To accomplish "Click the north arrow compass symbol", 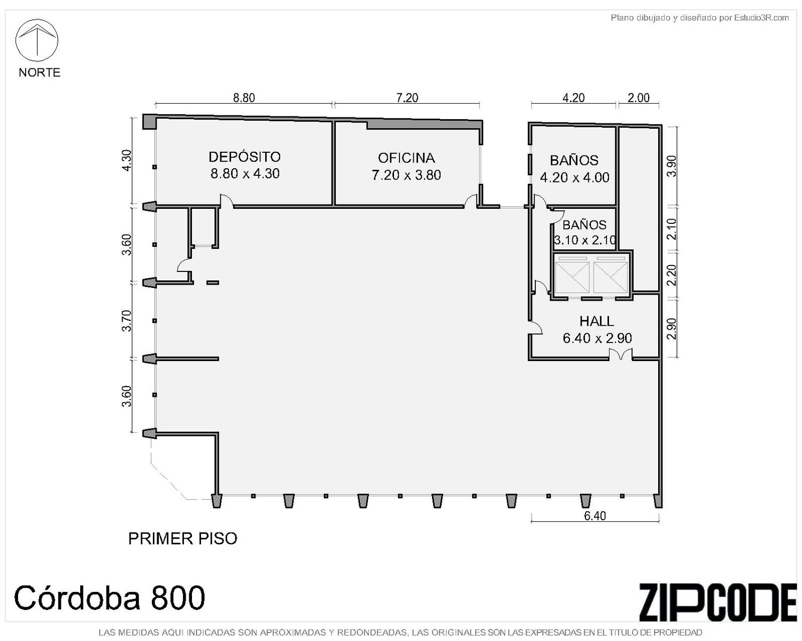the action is click(x=36, y=40).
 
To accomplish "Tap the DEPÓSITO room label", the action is click(x=244, y=157).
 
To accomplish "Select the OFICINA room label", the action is click(x=406, y=158).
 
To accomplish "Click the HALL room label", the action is click(x=597, y=321).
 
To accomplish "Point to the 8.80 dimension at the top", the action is click(x=244, y=98).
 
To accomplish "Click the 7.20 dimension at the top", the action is click(x=407, y=98).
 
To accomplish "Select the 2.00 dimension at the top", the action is click(x=638, y=98).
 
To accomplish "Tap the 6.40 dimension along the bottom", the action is click(x=595, y=516).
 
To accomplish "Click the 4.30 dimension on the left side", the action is click(x=127, y=160).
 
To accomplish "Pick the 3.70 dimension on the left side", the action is click(x=127, y=320).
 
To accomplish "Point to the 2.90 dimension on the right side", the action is click(x=671, y=329).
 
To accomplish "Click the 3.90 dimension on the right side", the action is click(x=671, y=166).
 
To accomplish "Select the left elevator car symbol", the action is click(x=572, y=277).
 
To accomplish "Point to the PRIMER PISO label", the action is click(x=183, y=538).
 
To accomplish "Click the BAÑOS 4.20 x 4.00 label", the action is click(x=574, y=169).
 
